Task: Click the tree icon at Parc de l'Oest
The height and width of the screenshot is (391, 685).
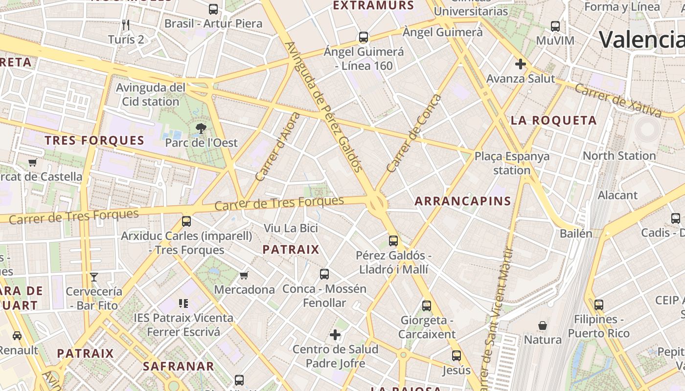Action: (x=200, y=129)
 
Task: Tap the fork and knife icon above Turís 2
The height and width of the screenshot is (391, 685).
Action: (x=126, y=25)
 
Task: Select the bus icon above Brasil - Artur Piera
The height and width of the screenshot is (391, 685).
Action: (x=213, y=9)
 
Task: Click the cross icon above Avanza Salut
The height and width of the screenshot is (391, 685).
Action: (x=521, y=64)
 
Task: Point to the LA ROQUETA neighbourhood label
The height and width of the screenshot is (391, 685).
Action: (x=553, y=120)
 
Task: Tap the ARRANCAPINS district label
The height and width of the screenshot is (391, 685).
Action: (x=463, y=201)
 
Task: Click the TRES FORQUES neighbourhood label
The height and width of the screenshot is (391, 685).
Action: (x=94, y=141)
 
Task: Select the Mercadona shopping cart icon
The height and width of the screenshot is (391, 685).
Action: (x=244, y=275)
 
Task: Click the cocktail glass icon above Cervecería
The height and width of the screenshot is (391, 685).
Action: (x=94, y=277)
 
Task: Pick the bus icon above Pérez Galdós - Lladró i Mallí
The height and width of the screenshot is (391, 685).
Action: (x=393, y=240)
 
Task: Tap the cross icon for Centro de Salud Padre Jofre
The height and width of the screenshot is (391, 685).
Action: (x=335, y=335)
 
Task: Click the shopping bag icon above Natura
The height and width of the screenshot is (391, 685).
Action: (x=543, y=325)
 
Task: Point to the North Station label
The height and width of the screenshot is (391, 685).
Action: (x=619, y=156)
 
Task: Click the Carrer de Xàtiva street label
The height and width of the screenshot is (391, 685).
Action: (x=617, y=101)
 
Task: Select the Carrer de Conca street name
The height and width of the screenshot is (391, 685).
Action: (x=413, y=133)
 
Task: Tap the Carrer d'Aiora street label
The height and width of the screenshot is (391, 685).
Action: (x=277, y=147)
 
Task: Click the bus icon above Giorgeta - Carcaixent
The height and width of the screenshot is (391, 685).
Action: (x=427, y=306)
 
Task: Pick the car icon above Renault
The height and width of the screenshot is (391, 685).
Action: (x=17, y=336)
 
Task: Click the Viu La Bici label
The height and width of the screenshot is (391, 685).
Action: (x=291, y=228)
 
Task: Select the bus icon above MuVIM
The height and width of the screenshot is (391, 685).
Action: (x=555, y=26)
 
